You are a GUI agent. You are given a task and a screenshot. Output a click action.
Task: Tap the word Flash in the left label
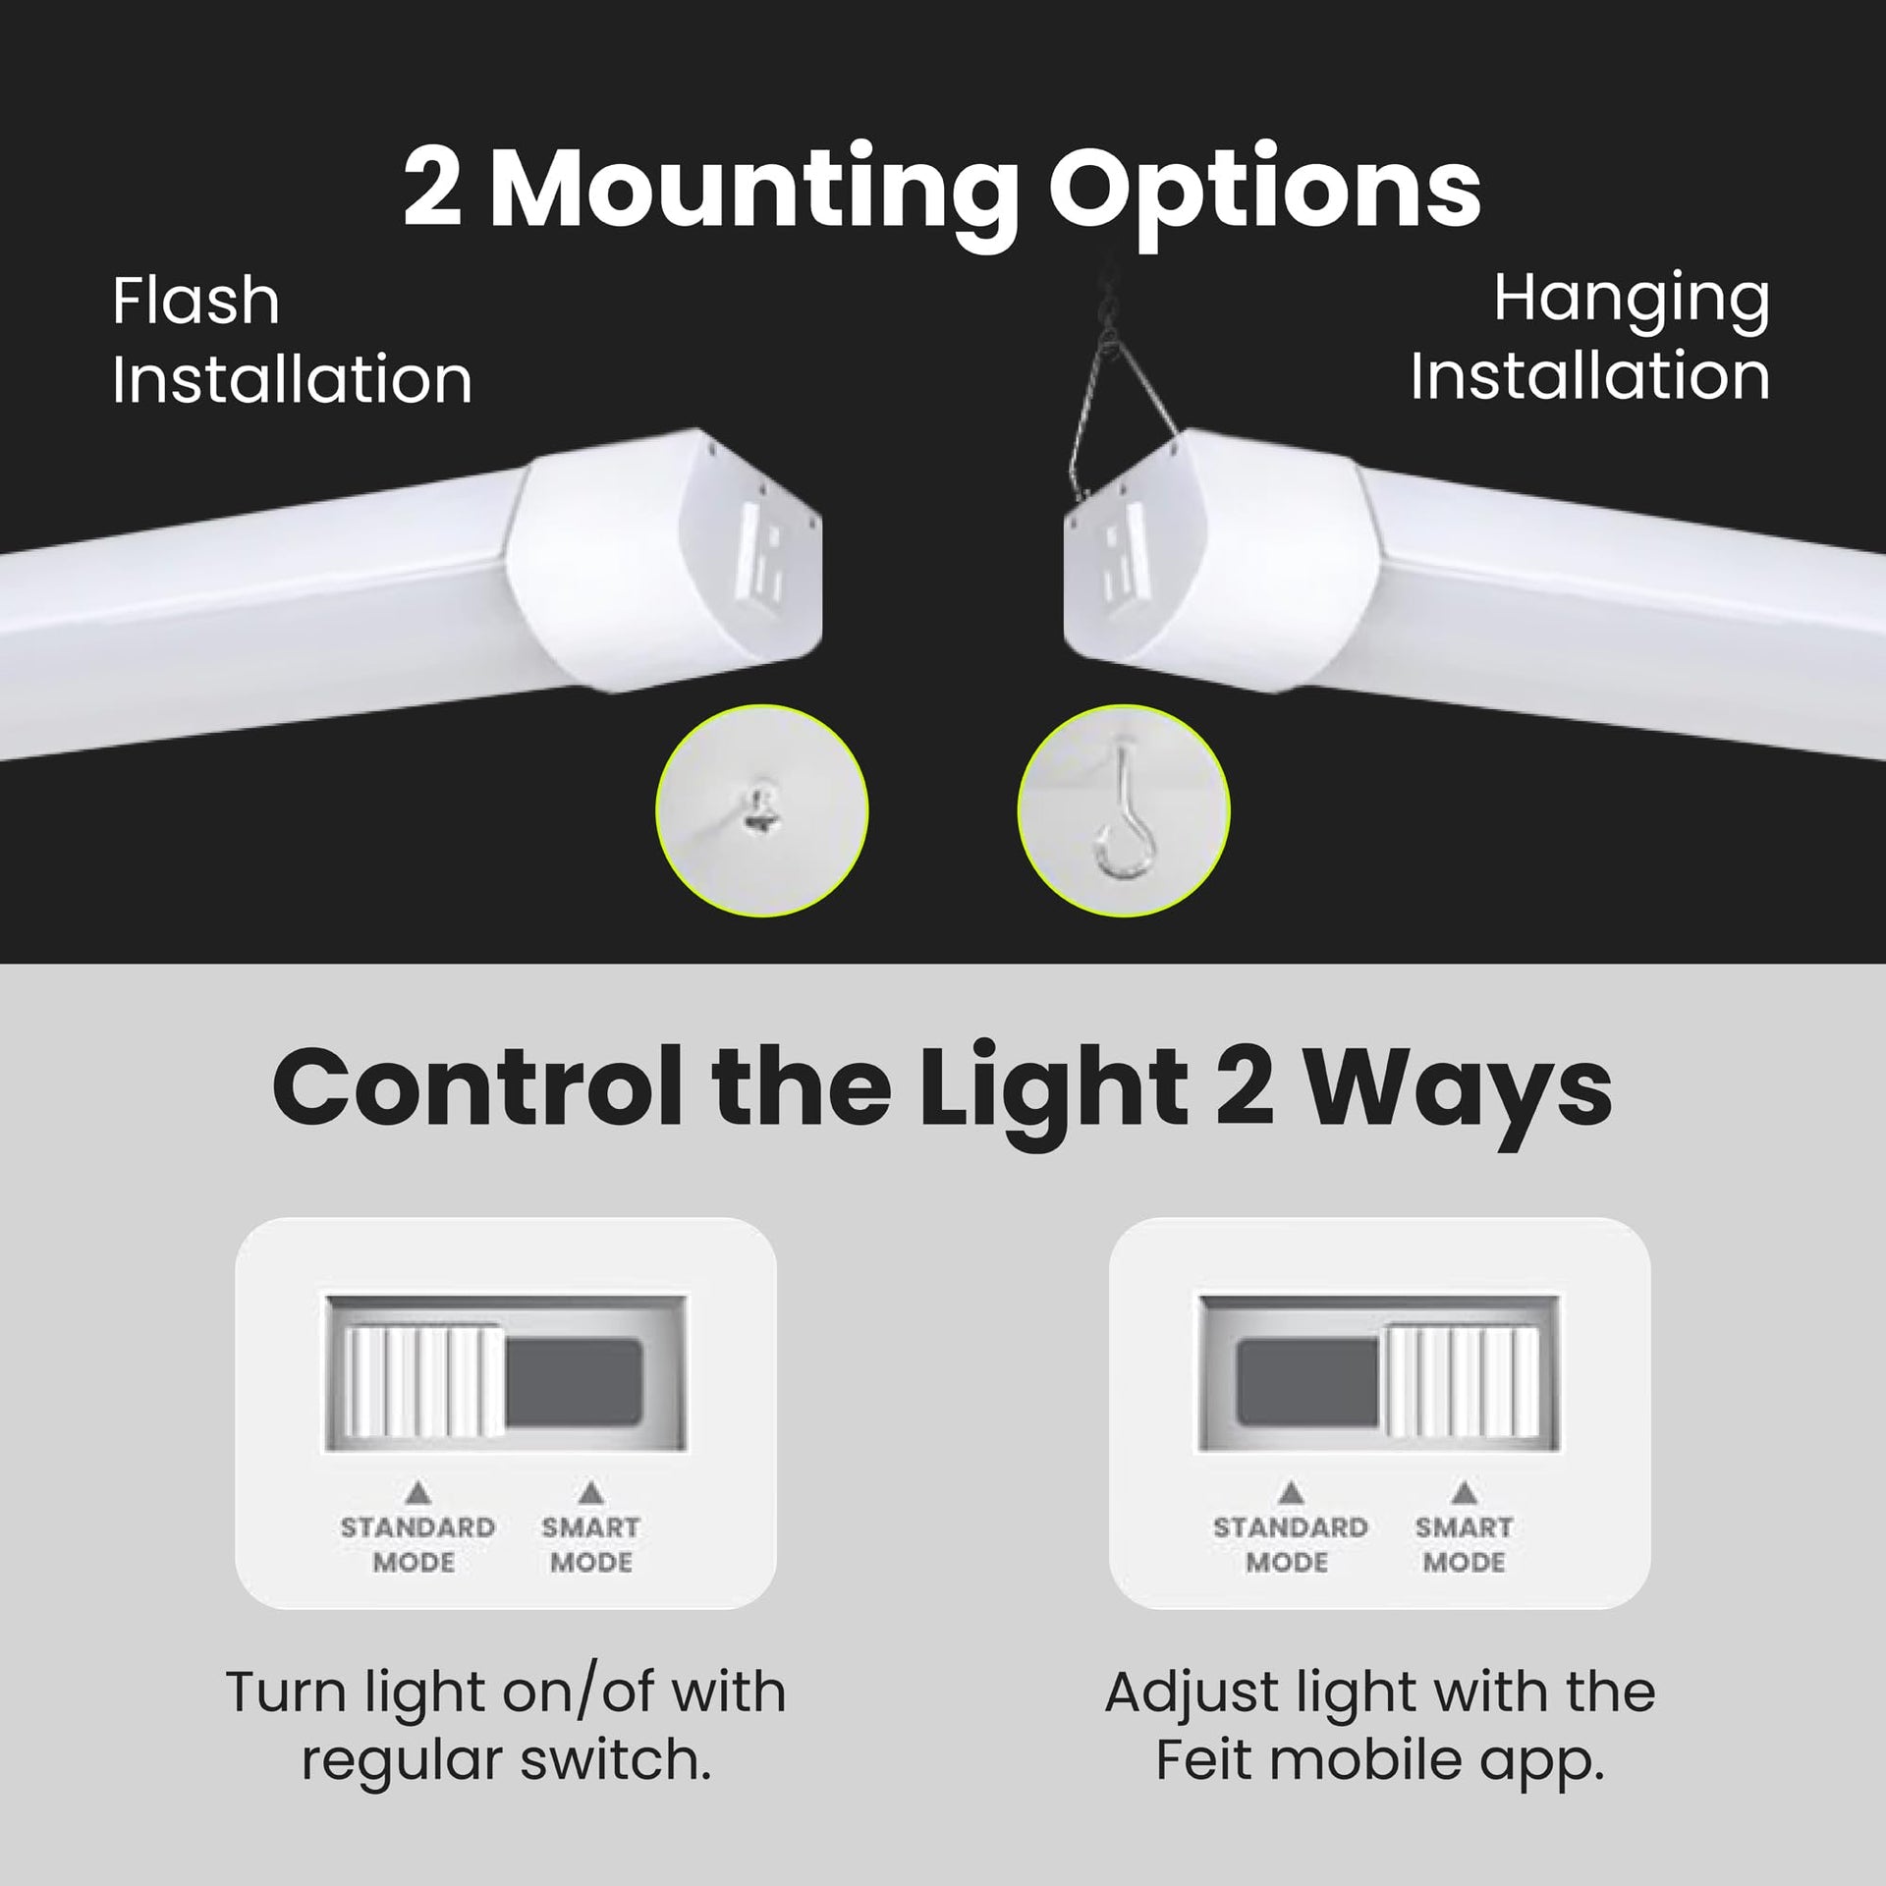tap(195, 301)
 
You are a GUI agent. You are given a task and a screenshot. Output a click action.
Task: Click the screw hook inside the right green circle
tap(1124, 811)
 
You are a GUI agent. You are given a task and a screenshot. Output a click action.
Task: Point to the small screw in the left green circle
tap(757, 807)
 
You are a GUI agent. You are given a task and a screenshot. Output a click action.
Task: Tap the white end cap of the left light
tap(668, 560)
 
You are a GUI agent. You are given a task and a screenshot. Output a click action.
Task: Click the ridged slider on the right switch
tap(1461, 1383)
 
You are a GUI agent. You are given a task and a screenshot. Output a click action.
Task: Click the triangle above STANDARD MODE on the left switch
tap(418, 1494)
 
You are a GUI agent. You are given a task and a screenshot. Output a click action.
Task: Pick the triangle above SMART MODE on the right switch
tap(1465, 1493)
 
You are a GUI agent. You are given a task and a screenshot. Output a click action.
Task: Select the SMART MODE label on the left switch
tap(590, 1544)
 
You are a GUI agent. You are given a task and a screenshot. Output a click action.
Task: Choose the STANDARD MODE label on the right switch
tap(1290, 1544)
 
